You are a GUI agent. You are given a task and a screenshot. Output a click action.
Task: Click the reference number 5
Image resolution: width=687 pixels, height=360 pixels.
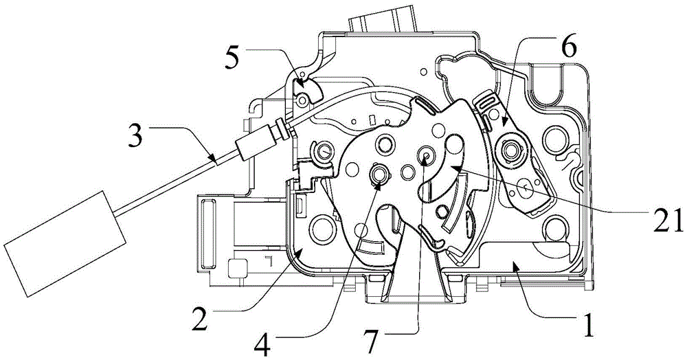[x=232, y=58]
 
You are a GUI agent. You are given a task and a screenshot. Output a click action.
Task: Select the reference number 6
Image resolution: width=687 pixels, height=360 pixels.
[x=568, y=49]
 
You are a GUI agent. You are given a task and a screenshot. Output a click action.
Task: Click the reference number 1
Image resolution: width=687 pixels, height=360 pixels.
[x=589, y=325]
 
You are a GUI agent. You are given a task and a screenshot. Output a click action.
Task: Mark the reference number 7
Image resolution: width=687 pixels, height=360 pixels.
[x=372, y=344]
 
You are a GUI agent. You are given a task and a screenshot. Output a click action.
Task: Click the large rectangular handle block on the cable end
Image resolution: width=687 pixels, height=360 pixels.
[x=64, y=243]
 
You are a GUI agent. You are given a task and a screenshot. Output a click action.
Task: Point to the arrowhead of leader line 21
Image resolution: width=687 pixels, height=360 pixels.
[x=452, y=168]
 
